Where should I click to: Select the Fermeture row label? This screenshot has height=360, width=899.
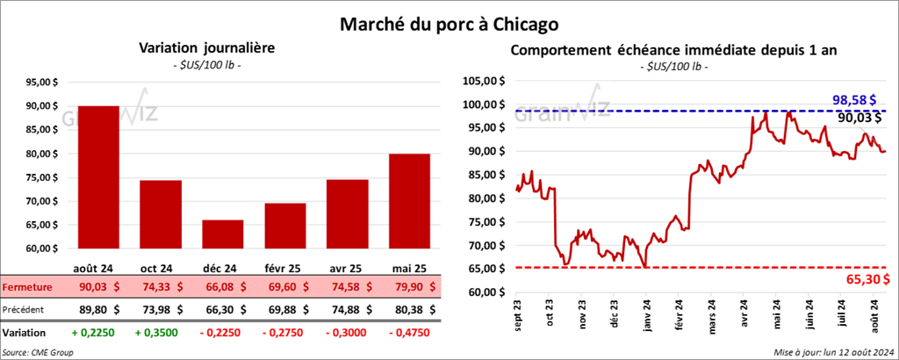pyautogui.click(x=27, y=286)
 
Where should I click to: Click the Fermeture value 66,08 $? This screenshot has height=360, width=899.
pyautogui.click(x=223, y=286)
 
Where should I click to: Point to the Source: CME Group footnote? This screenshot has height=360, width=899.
pyautogui.click(x=38, y=351)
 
